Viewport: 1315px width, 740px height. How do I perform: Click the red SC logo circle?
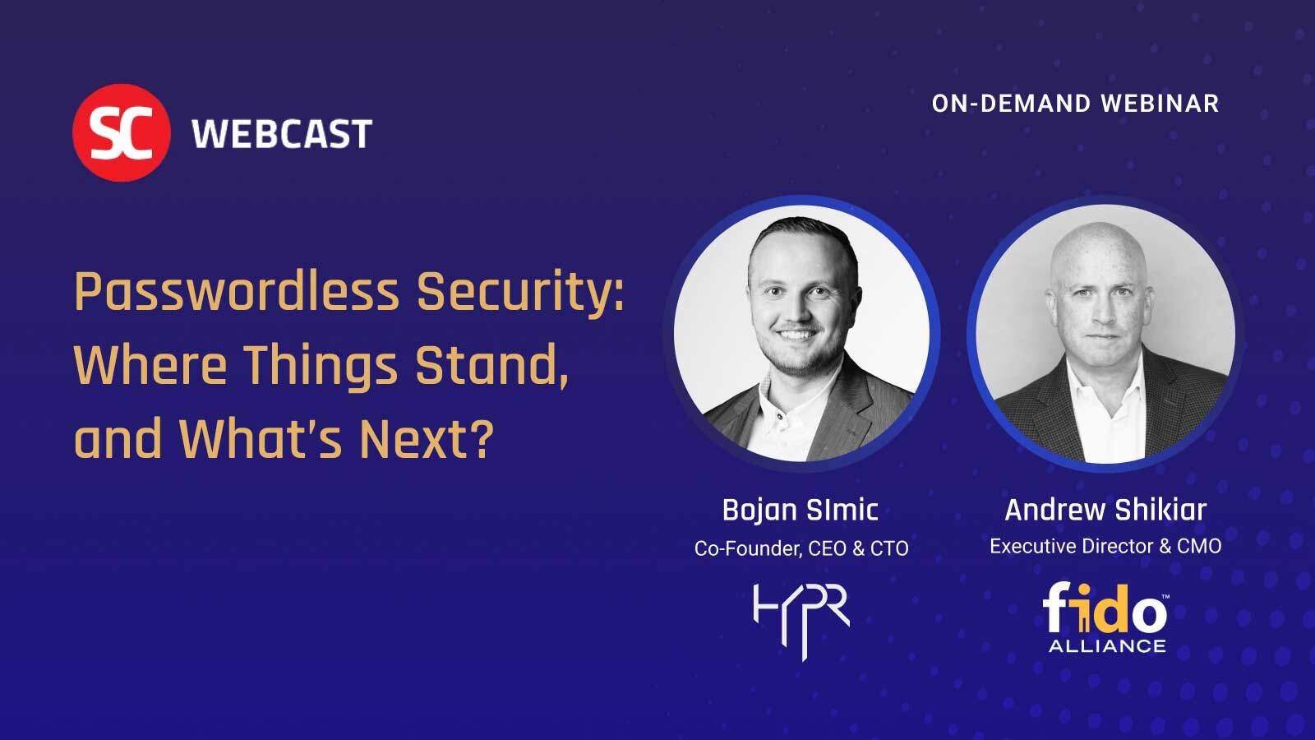pos(121,132)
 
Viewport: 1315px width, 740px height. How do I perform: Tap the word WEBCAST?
pos(282,133)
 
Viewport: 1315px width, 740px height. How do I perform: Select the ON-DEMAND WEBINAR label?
pos(1075,104)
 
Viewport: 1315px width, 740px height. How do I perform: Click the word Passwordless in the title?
pos(237,293)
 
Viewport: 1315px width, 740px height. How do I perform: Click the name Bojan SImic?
pos(801,510)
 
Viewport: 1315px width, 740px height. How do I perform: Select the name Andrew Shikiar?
pos(1105,510)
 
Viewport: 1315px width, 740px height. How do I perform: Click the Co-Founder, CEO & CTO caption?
pos(801,548)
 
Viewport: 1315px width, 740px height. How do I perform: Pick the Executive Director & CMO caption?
pos(1105,546)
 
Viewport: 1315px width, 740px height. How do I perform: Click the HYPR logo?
pos(801,618)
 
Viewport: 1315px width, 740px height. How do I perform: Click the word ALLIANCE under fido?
pos(1107,646)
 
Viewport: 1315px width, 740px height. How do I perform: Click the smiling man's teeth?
pos(795,335)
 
